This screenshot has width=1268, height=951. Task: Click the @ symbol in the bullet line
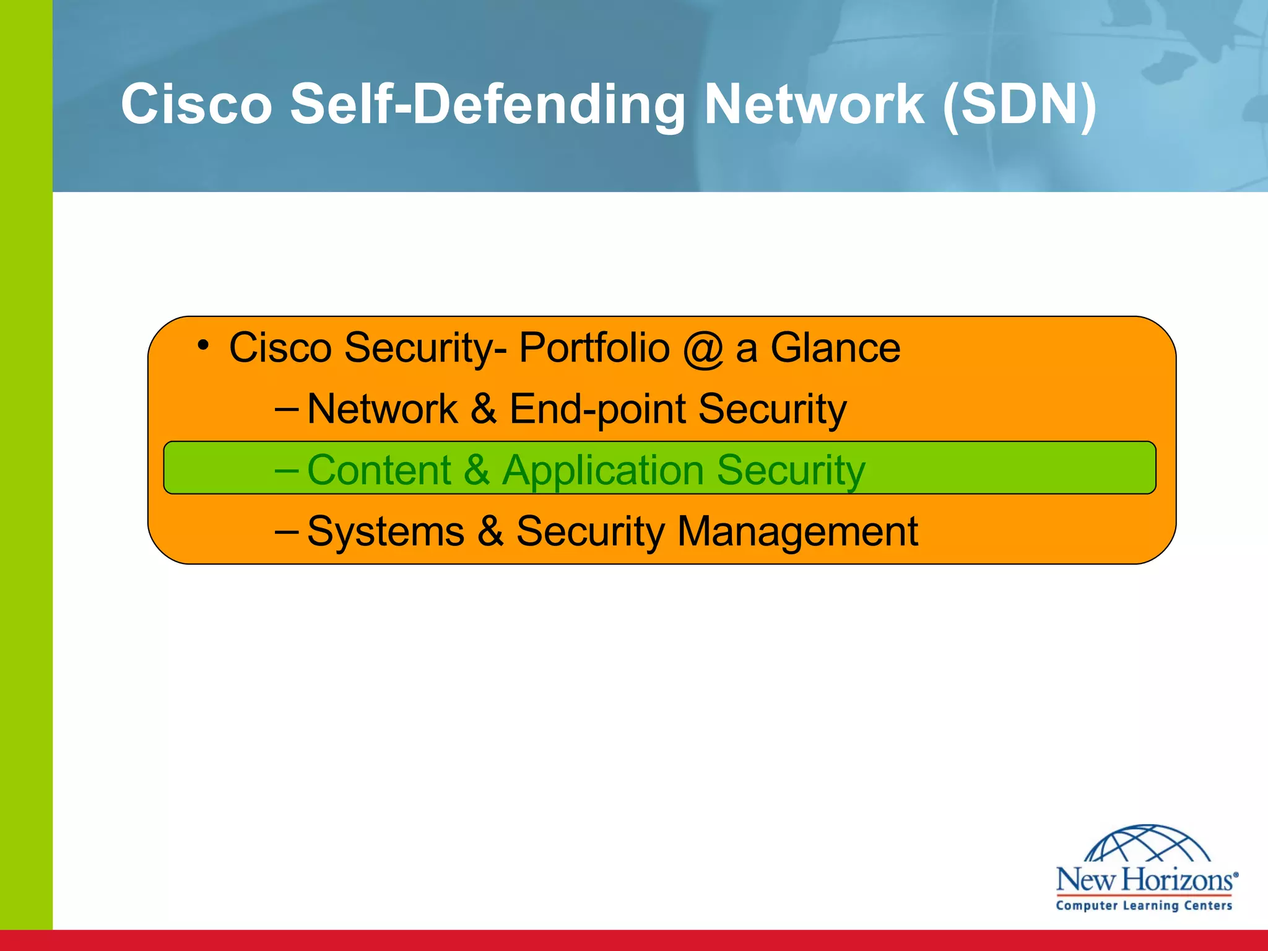[x=703, y=348]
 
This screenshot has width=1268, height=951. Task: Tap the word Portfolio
[x=594, y=347]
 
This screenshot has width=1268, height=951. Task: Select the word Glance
[x=835, y=347]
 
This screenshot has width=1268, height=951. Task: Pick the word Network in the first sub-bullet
[x=382, y=409]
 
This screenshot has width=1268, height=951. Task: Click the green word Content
[x=379, y=470]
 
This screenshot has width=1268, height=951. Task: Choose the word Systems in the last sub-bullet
[x=385, y=531]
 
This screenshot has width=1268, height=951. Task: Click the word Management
[x=797, y=531]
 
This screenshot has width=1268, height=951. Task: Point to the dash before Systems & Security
[x=286, y=531]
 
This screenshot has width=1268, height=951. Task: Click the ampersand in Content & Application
[x=477, y=470]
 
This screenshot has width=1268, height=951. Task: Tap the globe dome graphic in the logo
[x=1147, y=843]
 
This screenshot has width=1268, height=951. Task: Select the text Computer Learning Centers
[x=1144, y=905]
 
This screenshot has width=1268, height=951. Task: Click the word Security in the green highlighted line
[x=791, y=470]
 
